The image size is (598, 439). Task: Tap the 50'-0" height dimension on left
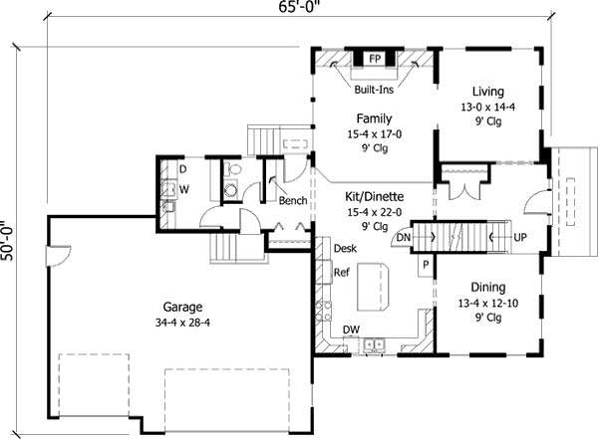9,241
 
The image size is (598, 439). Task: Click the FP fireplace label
376,59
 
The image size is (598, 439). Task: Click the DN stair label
404,238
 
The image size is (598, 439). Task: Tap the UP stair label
519,238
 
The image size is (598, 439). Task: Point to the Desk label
345,248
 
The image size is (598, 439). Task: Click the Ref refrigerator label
341,272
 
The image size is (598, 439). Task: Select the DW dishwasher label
351,329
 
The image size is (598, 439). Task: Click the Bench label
292,201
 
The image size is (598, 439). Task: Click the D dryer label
183,170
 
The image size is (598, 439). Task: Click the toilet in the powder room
232,190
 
